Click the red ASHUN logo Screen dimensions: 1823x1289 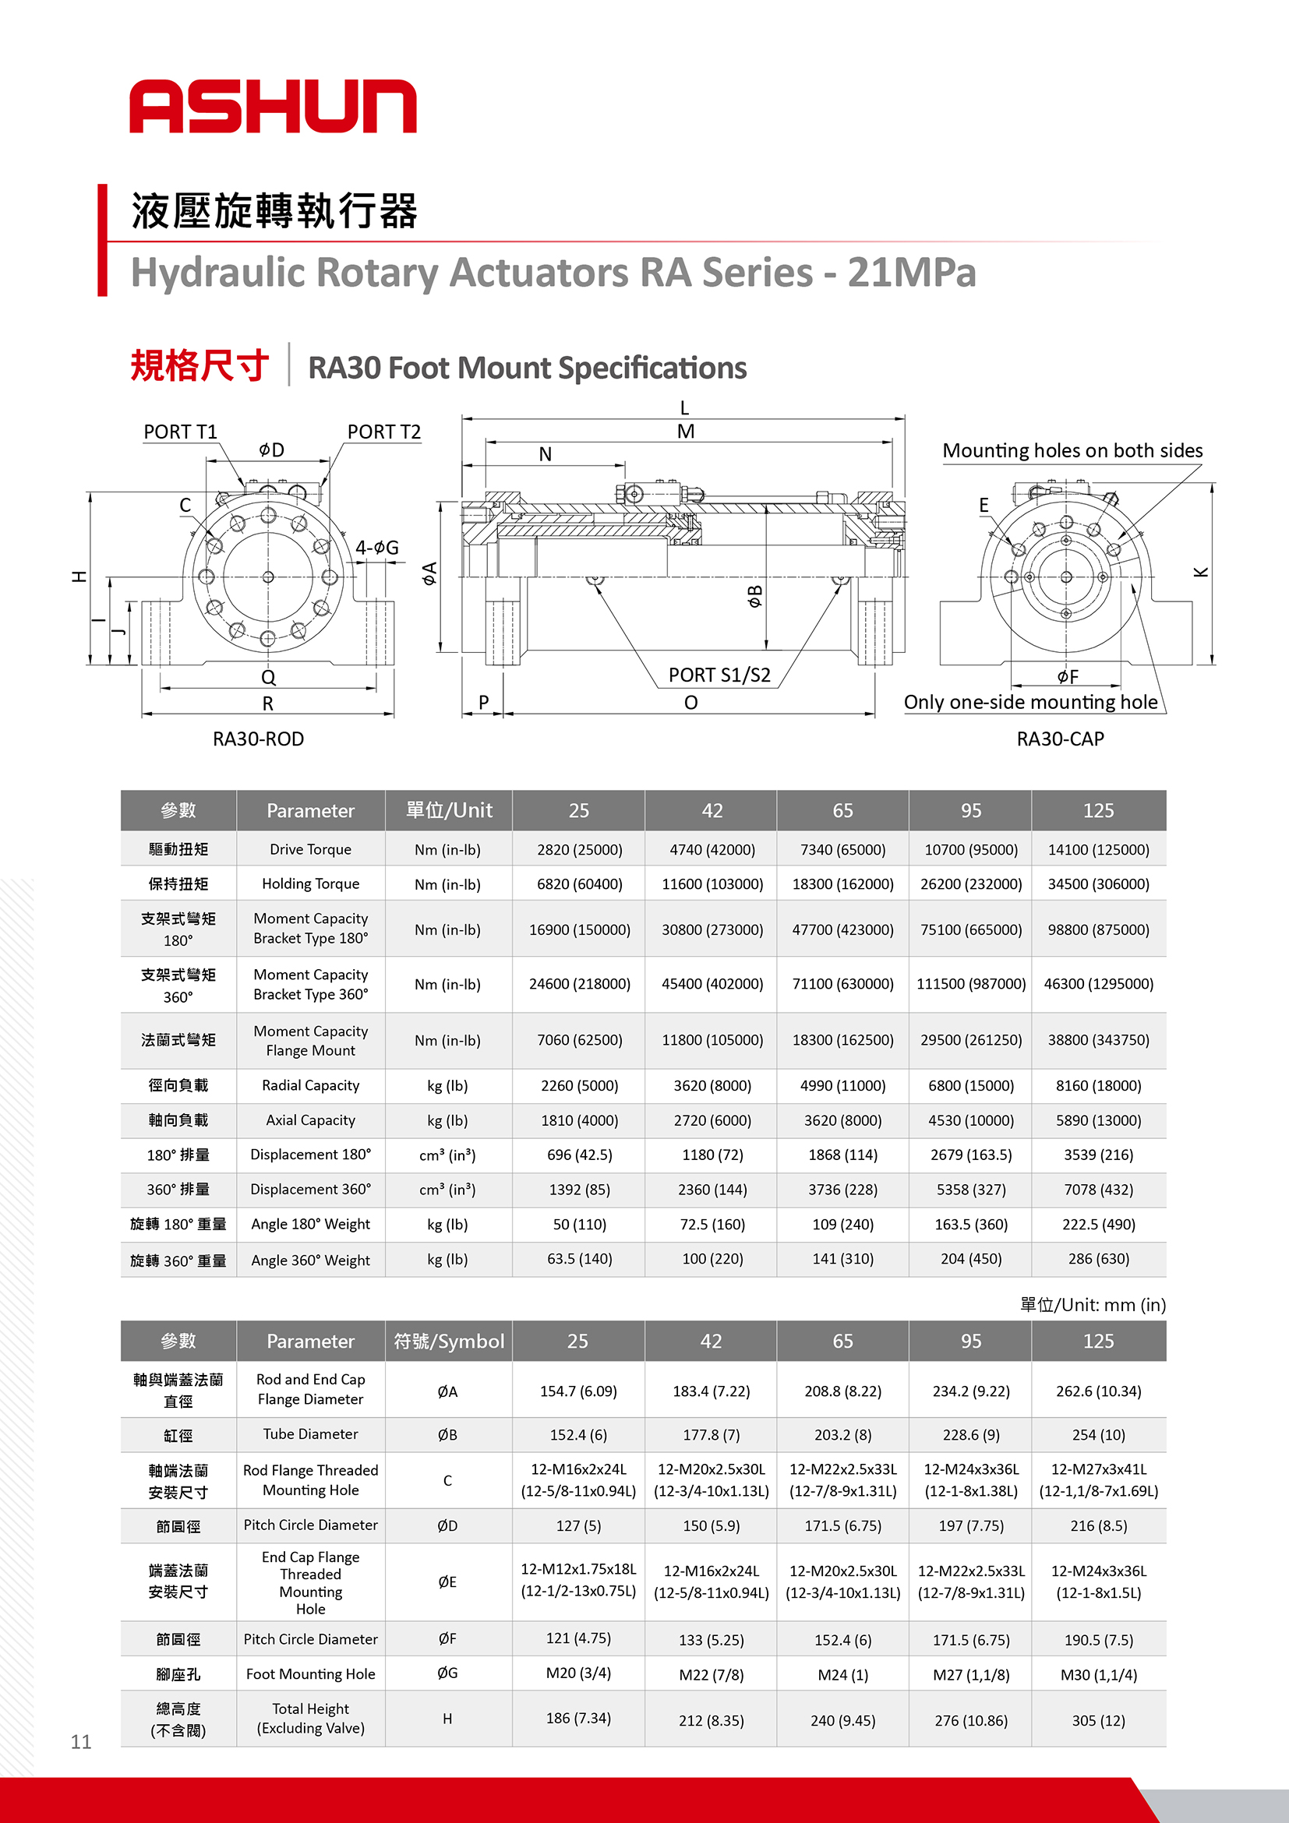point(273,106)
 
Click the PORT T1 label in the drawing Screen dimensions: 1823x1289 point(179,432)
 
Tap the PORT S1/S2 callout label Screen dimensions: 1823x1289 point(719,675)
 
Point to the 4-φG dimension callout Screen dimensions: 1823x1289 point(376,547)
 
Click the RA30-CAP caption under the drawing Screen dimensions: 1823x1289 point(1059,739)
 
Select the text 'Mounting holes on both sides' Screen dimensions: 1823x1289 point(1072,450)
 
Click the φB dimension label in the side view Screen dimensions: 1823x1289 point(754,595)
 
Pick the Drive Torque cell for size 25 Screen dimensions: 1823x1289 point(579,850)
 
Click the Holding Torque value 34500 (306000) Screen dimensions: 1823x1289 point(1097,883)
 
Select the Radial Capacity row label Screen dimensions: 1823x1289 point(310,1085)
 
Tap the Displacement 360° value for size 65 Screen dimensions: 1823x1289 point(842,1190)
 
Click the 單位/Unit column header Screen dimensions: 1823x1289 point(449,810)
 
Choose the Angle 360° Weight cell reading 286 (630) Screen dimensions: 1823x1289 point(1097,1258)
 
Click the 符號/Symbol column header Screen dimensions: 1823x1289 point(449,1341)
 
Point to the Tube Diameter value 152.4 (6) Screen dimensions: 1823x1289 point(578,1435)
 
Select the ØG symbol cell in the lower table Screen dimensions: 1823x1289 point(447,1673)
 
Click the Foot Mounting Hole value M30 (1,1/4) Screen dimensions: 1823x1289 point(1097,1674)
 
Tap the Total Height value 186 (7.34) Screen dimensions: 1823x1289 point(578,1718)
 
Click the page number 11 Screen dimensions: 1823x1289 point(81,1742)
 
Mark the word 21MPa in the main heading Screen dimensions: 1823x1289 point(911,273)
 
